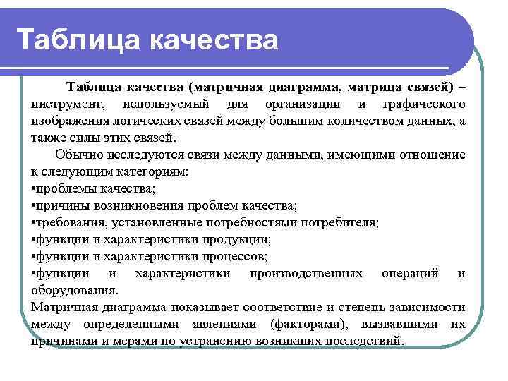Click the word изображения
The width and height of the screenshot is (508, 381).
pos(68,121)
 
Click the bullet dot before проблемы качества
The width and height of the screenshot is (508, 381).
pos(33,188)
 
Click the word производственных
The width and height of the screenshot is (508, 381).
pos(306,273)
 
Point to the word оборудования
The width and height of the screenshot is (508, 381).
pos(74,290)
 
